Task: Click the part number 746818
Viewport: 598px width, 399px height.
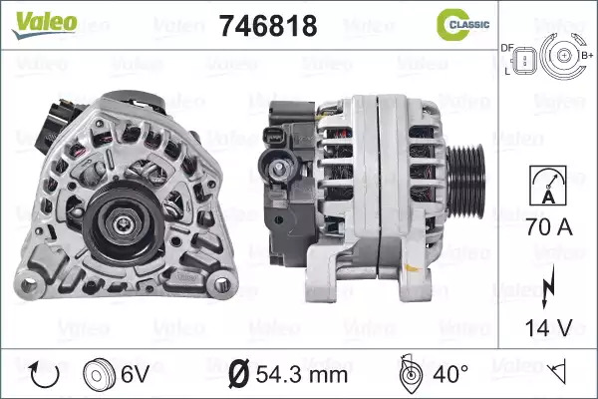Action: tap(268, 26)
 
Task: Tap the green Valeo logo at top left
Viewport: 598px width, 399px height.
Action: tap(45, 24)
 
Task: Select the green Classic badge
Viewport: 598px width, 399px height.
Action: tap(462, 24)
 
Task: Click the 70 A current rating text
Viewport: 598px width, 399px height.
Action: tap(549, 226)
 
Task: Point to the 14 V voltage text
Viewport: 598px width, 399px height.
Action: tap(548, 327)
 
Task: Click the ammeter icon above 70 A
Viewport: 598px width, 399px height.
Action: tap(548, 186)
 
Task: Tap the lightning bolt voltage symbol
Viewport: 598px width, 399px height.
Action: tap(548, 286)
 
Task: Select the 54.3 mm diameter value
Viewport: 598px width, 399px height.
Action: tap(301, 375)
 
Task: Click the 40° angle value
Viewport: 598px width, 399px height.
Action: tap(450, 374)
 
